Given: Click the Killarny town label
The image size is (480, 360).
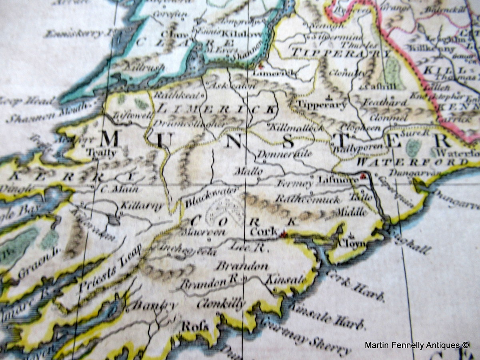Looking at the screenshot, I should click(x=137, y=206).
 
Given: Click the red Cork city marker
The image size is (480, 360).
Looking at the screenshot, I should click(x=284, y=235).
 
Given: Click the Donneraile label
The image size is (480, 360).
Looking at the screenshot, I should click(x=284, y=154).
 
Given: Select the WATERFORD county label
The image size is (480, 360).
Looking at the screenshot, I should click(x=412, y=162).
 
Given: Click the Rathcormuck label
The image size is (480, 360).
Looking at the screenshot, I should click(x=308, y=199).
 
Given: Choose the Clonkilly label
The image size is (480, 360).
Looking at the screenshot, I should click(x=221, y=303).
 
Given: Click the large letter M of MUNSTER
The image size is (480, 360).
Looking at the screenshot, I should click(x=109, y=139).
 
